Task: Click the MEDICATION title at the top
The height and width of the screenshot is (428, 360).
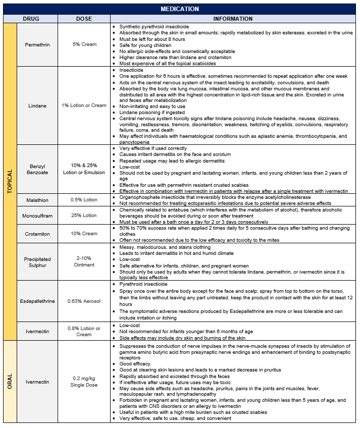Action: pos(180,9)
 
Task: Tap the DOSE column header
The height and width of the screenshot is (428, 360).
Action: pos(84,19)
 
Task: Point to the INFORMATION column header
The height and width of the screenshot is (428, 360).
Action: pos(233,19)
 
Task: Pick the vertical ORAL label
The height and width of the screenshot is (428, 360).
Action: pos(10,381)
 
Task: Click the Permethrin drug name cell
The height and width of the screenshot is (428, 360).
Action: pos(38,44)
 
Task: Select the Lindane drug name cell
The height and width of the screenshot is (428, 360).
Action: pos(38,105)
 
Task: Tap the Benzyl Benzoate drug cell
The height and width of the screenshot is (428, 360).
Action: pos(38,169)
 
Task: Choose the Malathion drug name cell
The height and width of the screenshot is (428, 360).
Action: pos(38,200)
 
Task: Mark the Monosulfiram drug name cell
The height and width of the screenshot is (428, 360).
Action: pos(38,215)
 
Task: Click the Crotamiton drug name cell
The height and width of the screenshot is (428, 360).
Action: pos(38,234)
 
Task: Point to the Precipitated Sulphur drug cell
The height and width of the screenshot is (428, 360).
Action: pos(38,261)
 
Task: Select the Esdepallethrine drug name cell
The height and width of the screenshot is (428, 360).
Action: pos(38,301)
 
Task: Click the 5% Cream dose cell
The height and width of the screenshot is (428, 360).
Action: pos(84,44)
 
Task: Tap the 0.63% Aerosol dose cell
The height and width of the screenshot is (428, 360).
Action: pos(84,301)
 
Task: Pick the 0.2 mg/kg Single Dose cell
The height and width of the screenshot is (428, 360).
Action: pos(84,382)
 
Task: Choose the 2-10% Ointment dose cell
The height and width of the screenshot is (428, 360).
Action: pos(84,261)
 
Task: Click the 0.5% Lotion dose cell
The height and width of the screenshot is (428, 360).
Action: pos(84,200)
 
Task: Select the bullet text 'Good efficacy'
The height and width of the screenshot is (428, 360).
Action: pos(133,363)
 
